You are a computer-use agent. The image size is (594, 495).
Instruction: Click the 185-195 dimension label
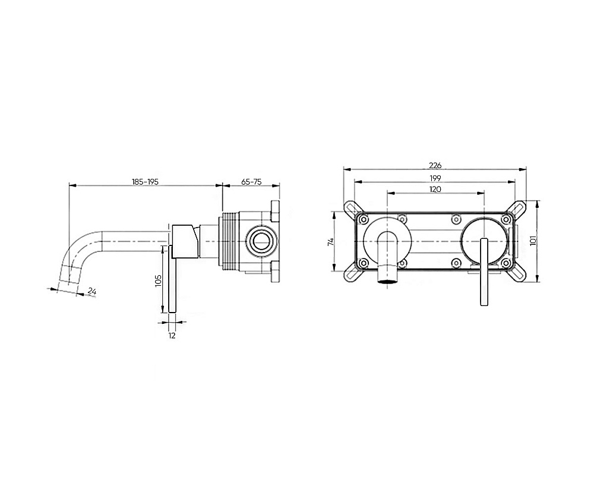tap(145, 182)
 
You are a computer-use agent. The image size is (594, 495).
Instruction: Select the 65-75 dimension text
tap(251, 182)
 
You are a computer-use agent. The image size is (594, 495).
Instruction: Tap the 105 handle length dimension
tap(159, 281)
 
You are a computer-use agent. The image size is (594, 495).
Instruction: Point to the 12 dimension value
tap(172, 335)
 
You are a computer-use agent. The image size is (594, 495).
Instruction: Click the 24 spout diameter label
tap(92, 291)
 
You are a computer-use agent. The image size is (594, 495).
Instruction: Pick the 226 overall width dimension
tap(435, 165)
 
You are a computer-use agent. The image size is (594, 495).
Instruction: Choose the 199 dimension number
tap(435, 178)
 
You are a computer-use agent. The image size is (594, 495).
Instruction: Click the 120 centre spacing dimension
tap(435, 189)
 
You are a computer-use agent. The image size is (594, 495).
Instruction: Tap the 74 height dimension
tap(330, 241)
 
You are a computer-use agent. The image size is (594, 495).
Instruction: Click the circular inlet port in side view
tap(260, 241)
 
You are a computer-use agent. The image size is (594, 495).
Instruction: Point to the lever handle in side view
tap(172, 279)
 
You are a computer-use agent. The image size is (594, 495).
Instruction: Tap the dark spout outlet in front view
tap(387, 281)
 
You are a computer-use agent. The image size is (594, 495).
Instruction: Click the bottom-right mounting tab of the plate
tap(518, 274)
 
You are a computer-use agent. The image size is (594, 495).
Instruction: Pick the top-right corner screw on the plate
tap(505, 219)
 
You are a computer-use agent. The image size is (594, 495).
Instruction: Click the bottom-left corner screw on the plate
tap(364, 263)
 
